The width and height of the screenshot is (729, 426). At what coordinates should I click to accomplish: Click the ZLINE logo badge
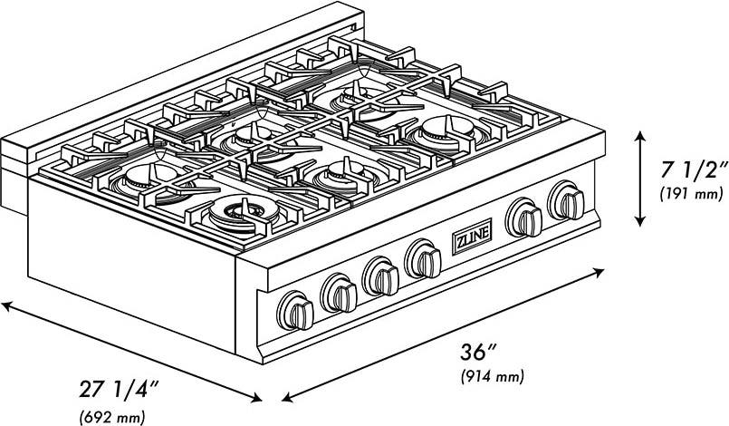pos(472,237)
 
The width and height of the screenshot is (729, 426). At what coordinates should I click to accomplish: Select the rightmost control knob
pos(566,200)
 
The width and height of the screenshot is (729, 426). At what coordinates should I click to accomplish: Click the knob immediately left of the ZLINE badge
pos(423,259)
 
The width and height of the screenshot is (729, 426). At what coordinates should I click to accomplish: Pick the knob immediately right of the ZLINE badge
pos(523,218)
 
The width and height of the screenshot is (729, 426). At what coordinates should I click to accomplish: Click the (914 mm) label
pos(493,376)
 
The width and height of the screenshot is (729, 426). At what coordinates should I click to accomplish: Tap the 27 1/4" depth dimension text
pos(119,389)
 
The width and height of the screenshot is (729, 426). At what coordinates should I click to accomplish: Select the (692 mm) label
pos(112,416)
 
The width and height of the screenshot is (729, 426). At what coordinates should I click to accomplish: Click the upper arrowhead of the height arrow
pos(640,137)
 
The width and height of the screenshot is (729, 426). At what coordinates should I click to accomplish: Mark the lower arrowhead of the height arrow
pos(640,221)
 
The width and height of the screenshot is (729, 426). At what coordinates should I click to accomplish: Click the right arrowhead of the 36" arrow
pos(599,272)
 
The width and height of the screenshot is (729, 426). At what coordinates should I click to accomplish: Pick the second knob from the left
pos(339,293)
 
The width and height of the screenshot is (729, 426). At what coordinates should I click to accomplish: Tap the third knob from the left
pos(380,276)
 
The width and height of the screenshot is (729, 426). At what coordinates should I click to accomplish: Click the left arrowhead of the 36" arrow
pos(288,398)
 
